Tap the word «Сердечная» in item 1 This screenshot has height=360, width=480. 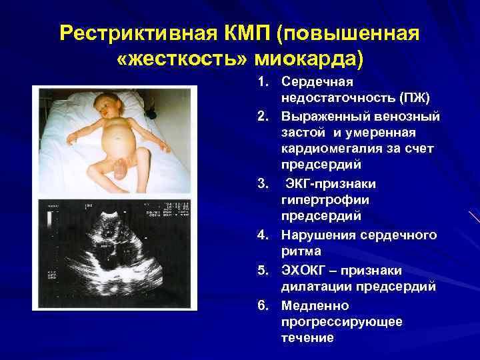(317, 82)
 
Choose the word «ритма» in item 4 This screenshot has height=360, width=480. (301, 251)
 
